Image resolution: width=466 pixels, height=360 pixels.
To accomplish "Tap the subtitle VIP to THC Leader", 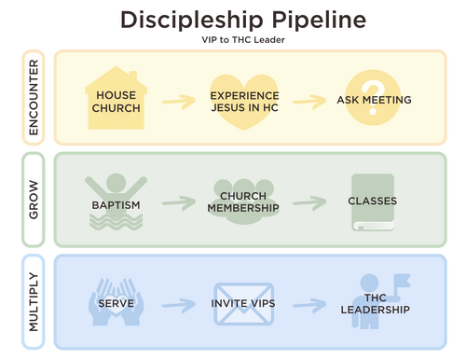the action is pyautogui.click(x=243, y=40).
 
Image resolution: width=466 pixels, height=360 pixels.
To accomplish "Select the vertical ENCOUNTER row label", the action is pyautogui.click(x=34, y=97).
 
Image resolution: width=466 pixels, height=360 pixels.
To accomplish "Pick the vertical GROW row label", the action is pyautogui.click(x=34, y=200).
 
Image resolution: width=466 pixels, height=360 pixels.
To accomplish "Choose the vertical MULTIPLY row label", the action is pyautogui.click(x=34, y=302).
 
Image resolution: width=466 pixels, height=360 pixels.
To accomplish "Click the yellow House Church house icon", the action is pyautogui.click(x=116, y=98).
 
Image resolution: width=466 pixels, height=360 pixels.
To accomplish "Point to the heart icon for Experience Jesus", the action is pyautogui.click(x=244, y=102).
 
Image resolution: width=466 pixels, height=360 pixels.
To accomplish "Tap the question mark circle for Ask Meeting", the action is pyautogui.click(x=373, y=98).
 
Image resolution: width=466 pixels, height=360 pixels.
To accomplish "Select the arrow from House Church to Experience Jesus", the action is pyautogui.click(x=179, y=102).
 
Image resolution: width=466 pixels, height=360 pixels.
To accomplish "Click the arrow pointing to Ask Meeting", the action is pyautogui.click(x=309, y=102).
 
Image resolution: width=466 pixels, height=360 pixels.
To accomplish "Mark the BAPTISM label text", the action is pyautogui.click(x=116, y=205).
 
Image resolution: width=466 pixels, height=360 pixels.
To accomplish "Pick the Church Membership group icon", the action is pyautogui.click(x=244, y=201).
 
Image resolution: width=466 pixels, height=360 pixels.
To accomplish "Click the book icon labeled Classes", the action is pyautogui.click(x=373, y=202).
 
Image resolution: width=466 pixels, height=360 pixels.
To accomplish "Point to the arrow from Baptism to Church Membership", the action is pyautogui.click(x=179, y=203).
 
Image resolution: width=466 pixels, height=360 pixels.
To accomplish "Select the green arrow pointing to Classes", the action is pyautogui.click(x=309, y=203).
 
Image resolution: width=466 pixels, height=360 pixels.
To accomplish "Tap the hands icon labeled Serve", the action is pyautogui.click(x=116, y=302).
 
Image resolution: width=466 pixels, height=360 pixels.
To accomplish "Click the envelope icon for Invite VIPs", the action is pyautogui.click(x=244, y=304).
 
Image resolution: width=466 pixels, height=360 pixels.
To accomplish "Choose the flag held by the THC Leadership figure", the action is pyautogui.click(x=402, y=281).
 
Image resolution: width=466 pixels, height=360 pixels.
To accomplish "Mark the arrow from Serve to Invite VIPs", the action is pyautogui.click(x=179, y=305).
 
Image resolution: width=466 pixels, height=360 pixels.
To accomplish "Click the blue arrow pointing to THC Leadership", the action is pyautogui.click(x=309, y=305).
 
